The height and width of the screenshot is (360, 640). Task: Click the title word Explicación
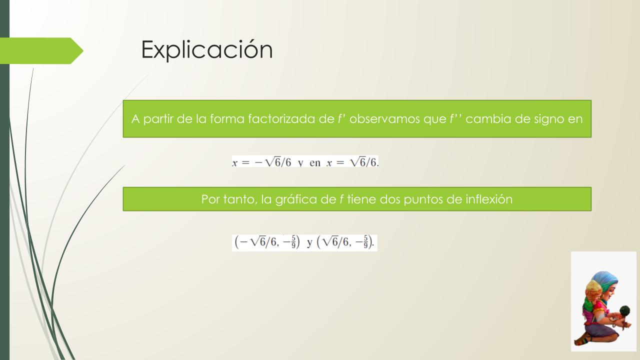pyautogui.click(x=207, y=50)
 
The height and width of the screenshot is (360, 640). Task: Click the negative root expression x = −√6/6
pyautogui.click(x=261, y=162)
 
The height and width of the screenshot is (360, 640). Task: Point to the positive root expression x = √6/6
pyautogui.click(x=352, y=162)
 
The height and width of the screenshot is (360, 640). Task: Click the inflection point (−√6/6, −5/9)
pyautogui.click(x=267, y=242)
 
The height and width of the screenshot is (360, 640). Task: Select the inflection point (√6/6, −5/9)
pyautogui.click(x=345, y=242)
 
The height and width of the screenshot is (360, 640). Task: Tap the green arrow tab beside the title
pyautogui.click(x=41, y=51)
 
